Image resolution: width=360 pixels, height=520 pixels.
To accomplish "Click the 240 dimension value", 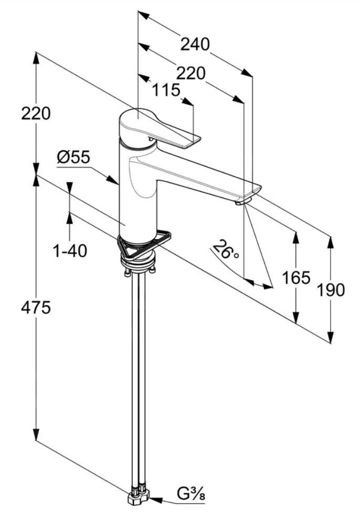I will (x=195, y=44).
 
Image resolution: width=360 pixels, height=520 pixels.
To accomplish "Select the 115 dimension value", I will (x=166, y=90).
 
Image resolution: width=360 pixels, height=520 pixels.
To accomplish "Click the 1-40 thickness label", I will (x=70, y=251).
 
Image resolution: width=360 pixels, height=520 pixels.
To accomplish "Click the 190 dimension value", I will (x=331, y=289).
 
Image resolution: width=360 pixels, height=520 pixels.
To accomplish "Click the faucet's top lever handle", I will (x=157, y=128).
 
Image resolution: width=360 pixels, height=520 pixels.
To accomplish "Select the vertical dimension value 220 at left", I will (x=36, y=113).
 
